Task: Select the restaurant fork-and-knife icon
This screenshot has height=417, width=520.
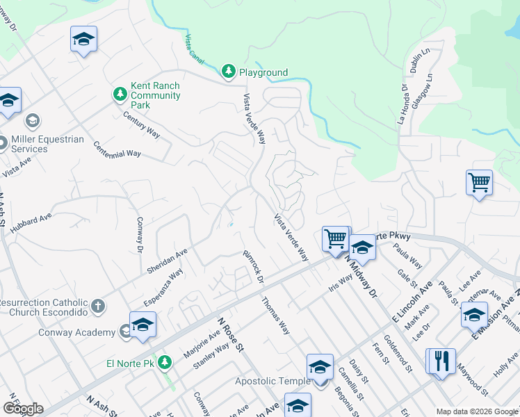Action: [441, 361]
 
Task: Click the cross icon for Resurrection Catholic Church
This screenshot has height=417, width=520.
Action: [98, 305]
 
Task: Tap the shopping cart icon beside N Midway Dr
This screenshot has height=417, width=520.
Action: [336, 238]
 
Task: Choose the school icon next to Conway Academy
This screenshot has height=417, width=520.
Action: [143, 325]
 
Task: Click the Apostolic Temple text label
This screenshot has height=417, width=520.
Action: [270, 381]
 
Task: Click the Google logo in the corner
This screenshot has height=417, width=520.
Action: [22, 409]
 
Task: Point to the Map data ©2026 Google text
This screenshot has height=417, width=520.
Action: [476, 411]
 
